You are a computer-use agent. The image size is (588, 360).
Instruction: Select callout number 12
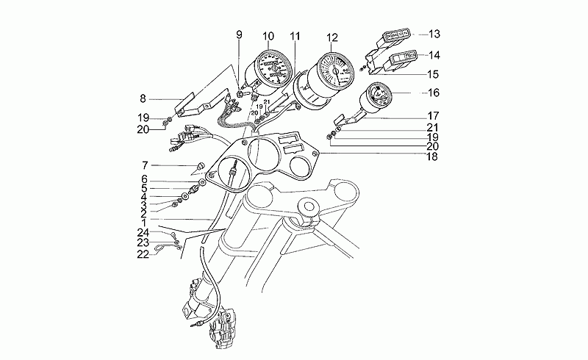[x=332, y=37]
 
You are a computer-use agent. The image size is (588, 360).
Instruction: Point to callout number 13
[x=434, y=34]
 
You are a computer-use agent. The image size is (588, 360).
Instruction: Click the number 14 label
[x=434, y=54]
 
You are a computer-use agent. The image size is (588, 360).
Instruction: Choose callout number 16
[x=434, y=93]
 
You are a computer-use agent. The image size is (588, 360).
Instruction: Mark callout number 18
[x=434, y=156]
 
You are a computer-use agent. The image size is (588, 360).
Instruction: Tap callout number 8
[x=144, y=97]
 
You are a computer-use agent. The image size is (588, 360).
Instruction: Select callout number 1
[x=145, y=221]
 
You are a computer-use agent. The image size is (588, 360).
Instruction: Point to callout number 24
[x=144, y=232]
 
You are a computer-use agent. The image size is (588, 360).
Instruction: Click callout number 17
[x=434, y=115]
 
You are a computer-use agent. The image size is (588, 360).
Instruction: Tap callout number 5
[x=145, y=187]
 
